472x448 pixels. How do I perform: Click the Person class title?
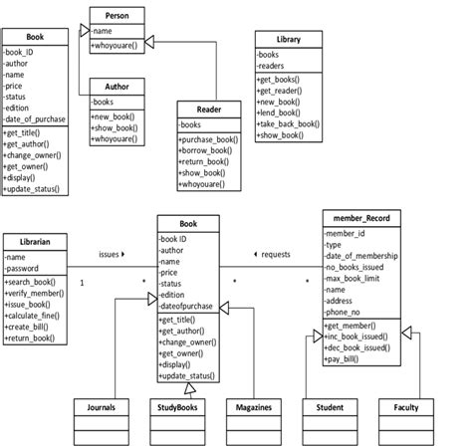click(x=118, y=16)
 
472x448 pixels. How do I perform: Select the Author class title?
click(x=118, y=87)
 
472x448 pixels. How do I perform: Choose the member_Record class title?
click(x=361, y=218)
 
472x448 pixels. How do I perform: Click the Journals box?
click(x=101, y=407)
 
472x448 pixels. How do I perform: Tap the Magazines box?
click(x=255, y=407)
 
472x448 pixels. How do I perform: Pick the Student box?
click(x=330, y=407)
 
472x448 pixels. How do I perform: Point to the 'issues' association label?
click(x=111, y=255)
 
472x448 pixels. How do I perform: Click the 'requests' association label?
click(x=273, y=255)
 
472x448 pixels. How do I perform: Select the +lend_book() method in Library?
click(x=283, y=112)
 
